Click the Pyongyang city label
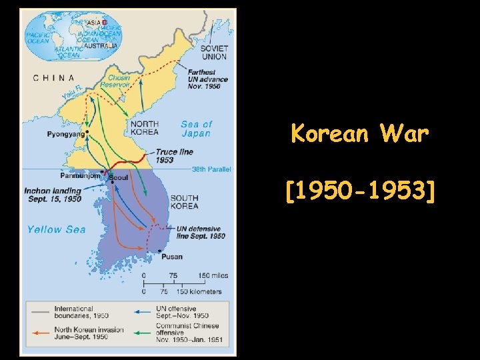(66, 134)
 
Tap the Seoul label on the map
(118, 178)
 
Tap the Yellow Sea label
(56, 229)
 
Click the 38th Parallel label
(211, 170)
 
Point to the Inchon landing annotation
(53, 195)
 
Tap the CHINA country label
(54, 77)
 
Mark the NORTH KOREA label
(144, 128)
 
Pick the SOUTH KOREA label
(184, 201)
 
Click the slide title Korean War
(360, 134)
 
